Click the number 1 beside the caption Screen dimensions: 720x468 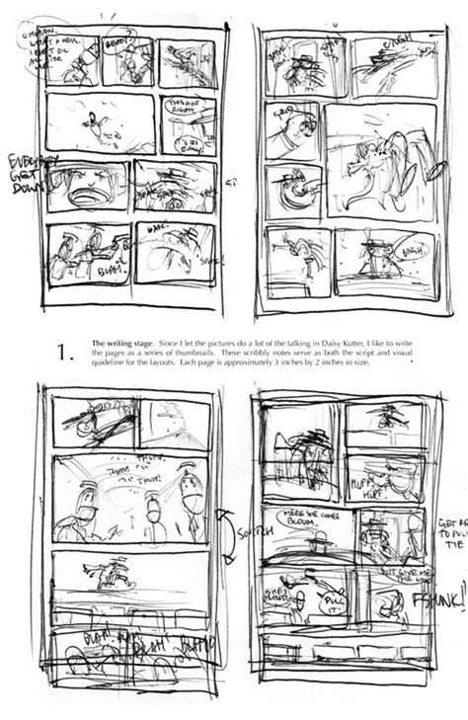[66, 352]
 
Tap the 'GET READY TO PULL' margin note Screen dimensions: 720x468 [448, 532]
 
